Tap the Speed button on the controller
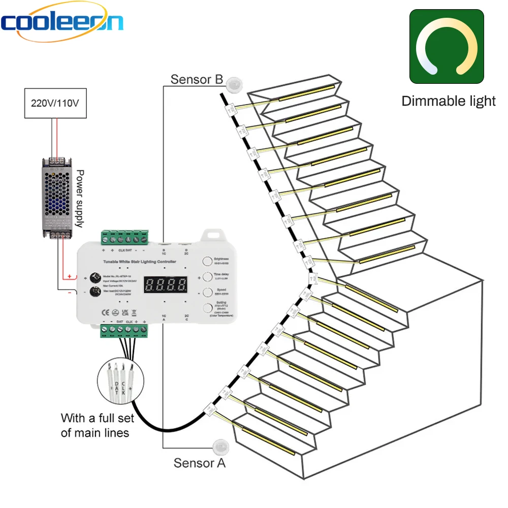pyautogui.click(x=207, y=292)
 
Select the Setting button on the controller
pyautogui.click(x=207, y=308)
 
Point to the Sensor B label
pyautogui.click(x=197, y=79)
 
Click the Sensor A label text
pyautogui.click(x=200, y=463)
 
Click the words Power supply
pyautogui.click(x=81, y=199)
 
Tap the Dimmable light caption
pyautogui.click(x=448, y=101)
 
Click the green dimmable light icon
pyautogui.click(x=447, y=47)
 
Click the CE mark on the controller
pyautogui.click(x=105, y=311)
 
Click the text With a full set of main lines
pyautogui.click(x=98, y=426)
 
